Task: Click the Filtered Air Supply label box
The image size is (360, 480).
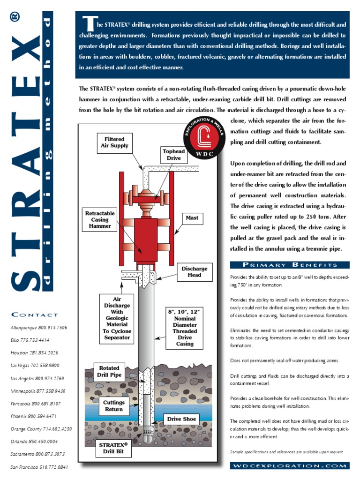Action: [x=114, y=142]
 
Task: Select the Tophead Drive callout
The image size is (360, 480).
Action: [x=174, y=155]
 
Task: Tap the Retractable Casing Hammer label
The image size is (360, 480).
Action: [x=99, y=220]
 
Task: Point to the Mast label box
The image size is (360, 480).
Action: [x=192, y=217]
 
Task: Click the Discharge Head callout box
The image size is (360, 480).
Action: [x=195, y=272]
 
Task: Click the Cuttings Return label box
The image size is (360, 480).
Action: [x=114, y=406]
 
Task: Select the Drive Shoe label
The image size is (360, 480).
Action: [x=181, y=419]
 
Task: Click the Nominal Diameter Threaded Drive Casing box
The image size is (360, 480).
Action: [x=186, y=327]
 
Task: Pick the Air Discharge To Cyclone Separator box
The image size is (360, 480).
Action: [x=117, y=317]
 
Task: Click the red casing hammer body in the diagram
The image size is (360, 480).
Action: [x=146, y=239]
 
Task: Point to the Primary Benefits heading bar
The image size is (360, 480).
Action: [x=290, y=265]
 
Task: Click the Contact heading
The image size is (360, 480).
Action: [x=35, y=315]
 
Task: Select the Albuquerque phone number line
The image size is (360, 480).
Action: [x=39, y=327]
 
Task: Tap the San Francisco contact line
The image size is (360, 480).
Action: [x=39, y=467]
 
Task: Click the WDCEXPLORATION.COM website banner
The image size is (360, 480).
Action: [x=290, y=465]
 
